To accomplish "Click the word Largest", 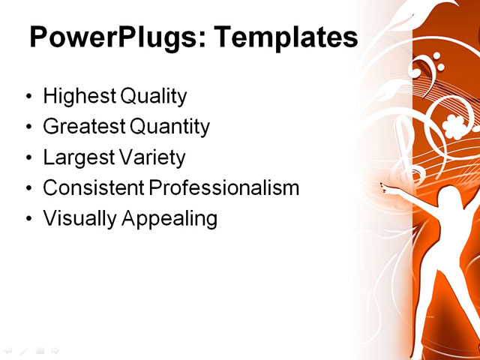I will click(76, 157).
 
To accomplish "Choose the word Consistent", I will click(93, 188).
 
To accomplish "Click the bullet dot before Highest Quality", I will click(28, 97).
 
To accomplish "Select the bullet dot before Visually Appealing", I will click(28, 220).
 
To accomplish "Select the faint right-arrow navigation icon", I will click(55, 349).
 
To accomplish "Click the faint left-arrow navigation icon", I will click(8, 349).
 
